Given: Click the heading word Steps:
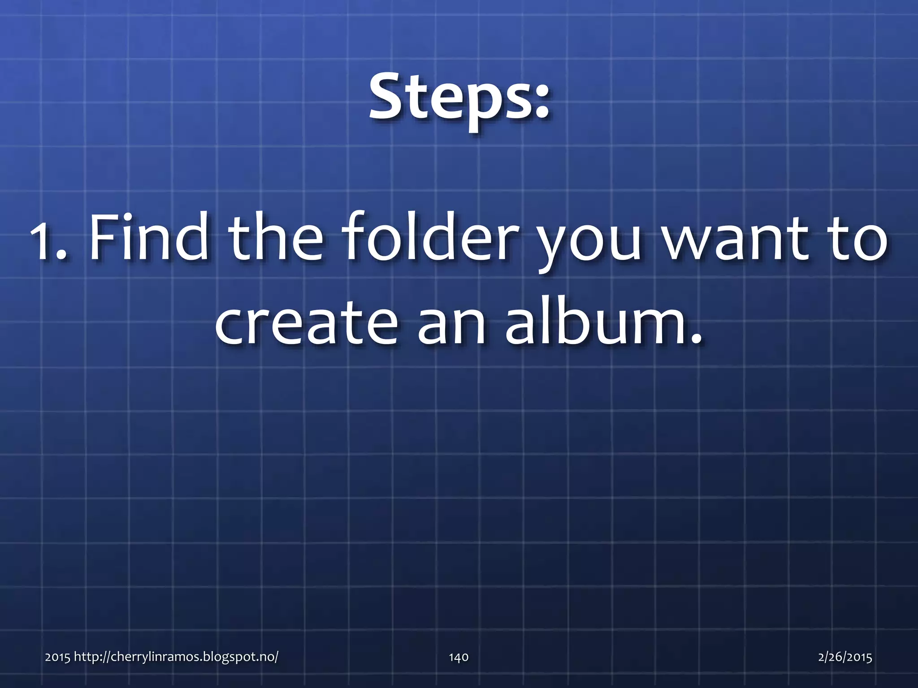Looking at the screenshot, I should [x=458, y=99].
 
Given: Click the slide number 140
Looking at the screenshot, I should [x=459, y=657].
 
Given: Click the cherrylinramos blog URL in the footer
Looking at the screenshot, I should [x=176, y=657].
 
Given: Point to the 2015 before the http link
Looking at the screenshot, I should [x=57, y=657].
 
